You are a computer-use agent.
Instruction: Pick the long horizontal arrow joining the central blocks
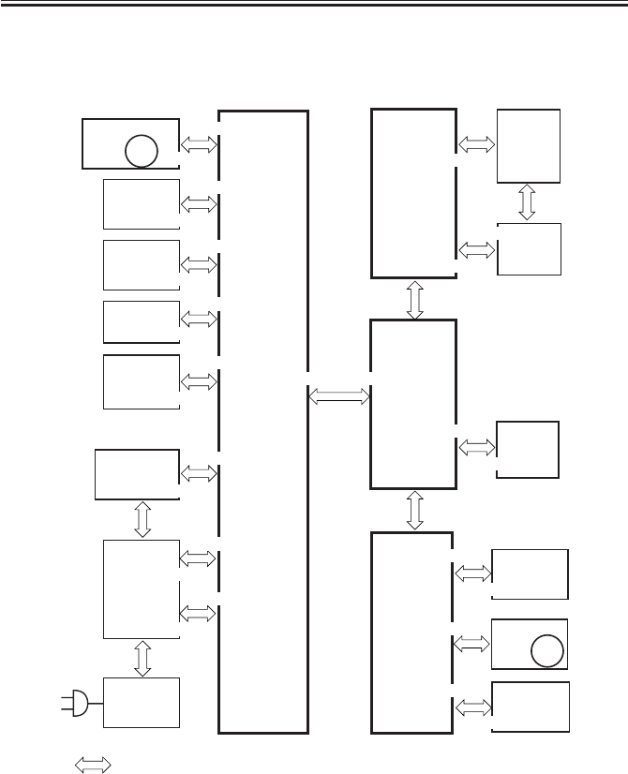(x=339, y=397)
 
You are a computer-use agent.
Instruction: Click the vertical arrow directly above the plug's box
(x=142, y=659)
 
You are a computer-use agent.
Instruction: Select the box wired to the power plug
(x=142, y=702)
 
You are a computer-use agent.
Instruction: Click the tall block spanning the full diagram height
(x=263, y=422)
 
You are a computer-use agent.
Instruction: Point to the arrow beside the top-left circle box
(x=198, y=144)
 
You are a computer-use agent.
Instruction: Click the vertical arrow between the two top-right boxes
(x=527, y=202)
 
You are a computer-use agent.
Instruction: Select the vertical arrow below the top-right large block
(x=414, y=299)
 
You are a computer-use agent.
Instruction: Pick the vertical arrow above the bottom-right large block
(x=414, y=510)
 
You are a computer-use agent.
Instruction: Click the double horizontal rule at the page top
(x=314, y=5)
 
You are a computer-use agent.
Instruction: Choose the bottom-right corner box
(x=530, y=707)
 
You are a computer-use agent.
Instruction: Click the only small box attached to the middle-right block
(x=527, y=450)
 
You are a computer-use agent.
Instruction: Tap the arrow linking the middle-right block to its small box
(x=476, y=448)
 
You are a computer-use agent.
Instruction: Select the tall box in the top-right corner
(x=529, y=145)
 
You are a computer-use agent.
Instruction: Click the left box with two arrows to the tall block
(x=142, y=588)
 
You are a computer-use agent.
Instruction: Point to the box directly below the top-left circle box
(x=142, y=203)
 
